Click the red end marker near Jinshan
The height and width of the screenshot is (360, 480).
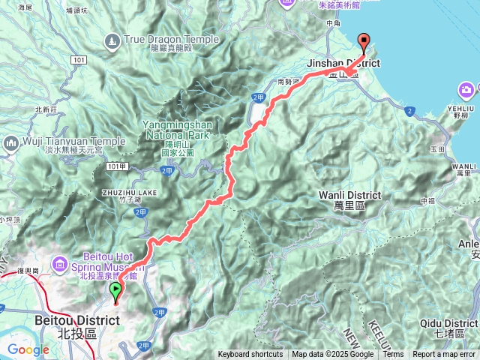(x=364, y=43)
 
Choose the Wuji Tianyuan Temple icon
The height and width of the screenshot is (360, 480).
(x=11, y=142)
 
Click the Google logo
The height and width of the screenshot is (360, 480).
(x=28, y=349)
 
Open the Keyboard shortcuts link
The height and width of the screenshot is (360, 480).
(x=250, y=355)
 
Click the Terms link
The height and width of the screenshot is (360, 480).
(x=393, y=355)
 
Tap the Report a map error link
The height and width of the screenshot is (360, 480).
(x=445, y=355)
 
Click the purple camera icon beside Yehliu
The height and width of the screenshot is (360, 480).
(x=466, y=91)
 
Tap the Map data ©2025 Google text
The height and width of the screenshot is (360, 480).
(x=333, y=355)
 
